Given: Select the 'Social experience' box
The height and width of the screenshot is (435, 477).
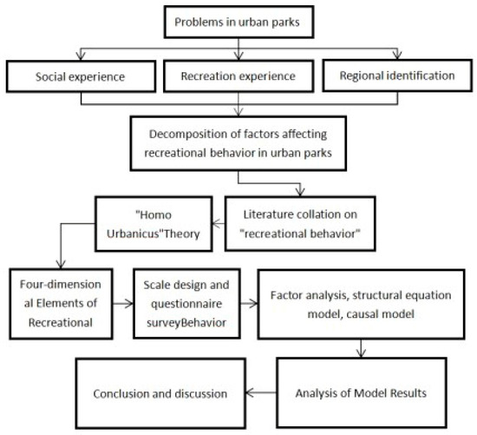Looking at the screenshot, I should tap(81, 76).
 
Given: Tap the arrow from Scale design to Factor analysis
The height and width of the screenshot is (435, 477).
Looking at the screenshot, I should tap(252, 305).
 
